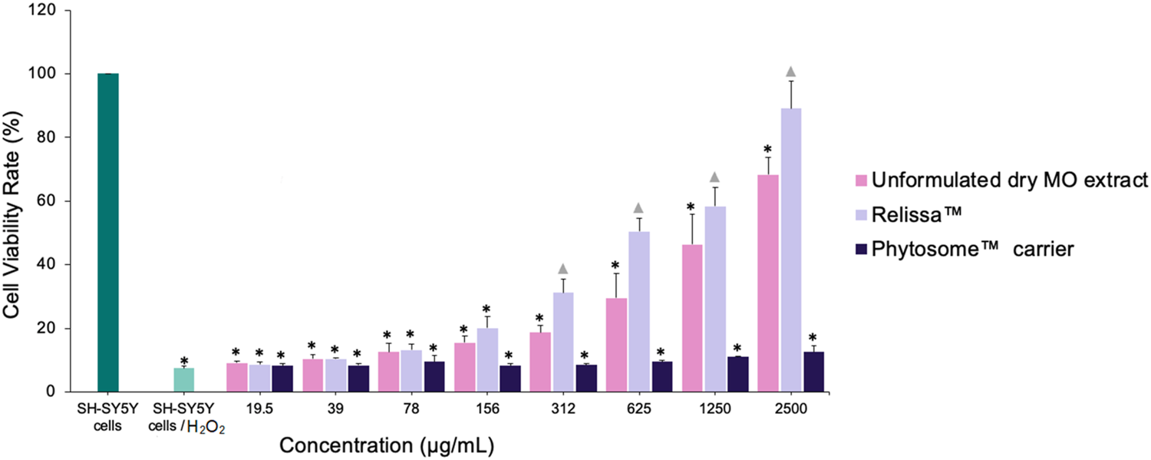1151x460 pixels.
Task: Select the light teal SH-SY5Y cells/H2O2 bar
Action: point(184,380)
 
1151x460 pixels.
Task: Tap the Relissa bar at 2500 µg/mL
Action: point(791,250)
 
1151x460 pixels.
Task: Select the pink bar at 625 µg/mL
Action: point(616,345)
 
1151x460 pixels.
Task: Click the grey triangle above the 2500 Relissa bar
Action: point(791,72)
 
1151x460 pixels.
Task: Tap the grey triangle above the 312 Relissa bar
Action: point(563,269)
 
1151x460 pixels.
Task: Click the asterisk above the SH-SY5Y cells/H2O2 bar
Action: point(184,361)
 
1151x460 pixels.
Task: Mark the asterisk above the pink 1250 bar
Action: point(691,207)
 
